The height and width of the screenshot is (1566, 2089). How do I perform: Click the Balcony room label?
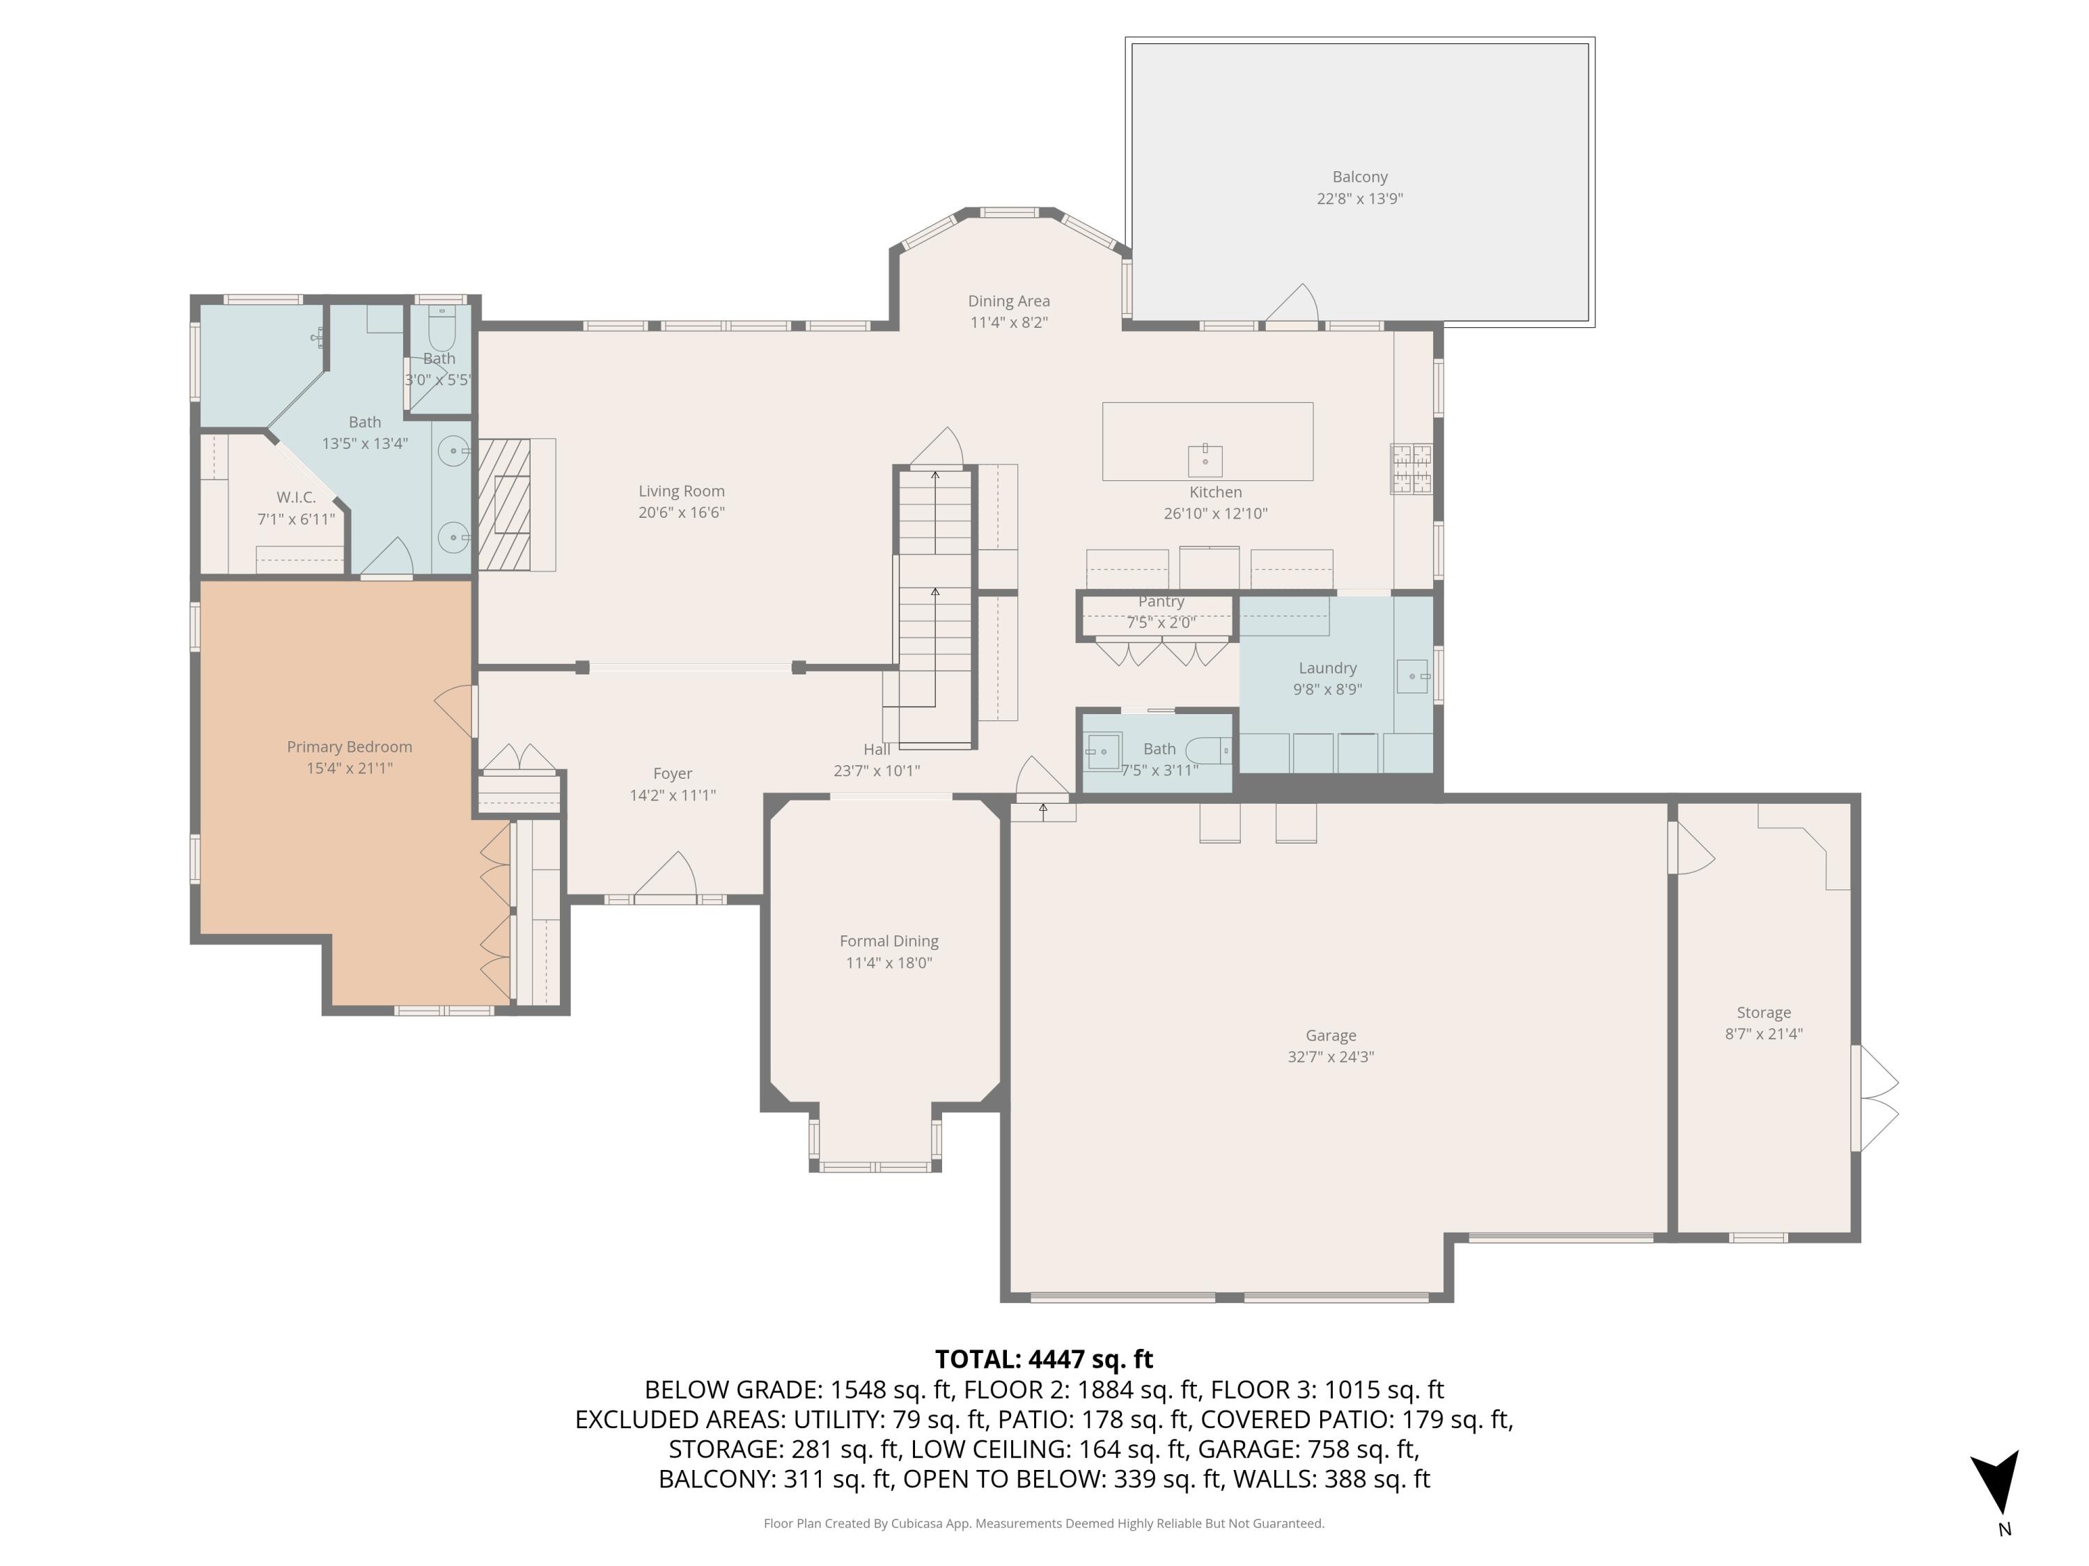pos(1359,177)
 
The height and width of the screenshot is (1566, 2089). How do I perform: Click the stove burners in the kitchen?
pos(1410,468)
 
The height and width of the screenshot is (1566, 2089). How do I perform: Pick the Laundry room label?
pos(1327,668)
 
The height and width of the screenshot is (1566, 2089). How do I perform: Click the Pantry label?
pos(1161,601)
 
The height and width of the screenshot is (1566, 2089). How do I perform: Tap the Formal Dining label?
pos(889,941)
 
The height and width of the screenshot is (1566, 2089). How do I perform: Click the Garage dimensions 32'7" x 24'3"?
pos(1330,1057)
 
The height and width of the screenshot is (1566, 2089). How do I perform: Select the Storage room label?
pos(1763,1013)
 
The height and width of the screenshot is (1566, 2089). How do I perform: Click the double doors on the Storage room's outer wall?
pos(1875,1098)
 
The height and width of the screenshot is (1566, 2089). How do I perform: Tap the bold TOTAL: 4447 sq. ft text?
pos(1044,1359)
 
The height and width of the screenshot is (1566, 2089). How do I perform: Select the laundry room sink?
pos(1412,677)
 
